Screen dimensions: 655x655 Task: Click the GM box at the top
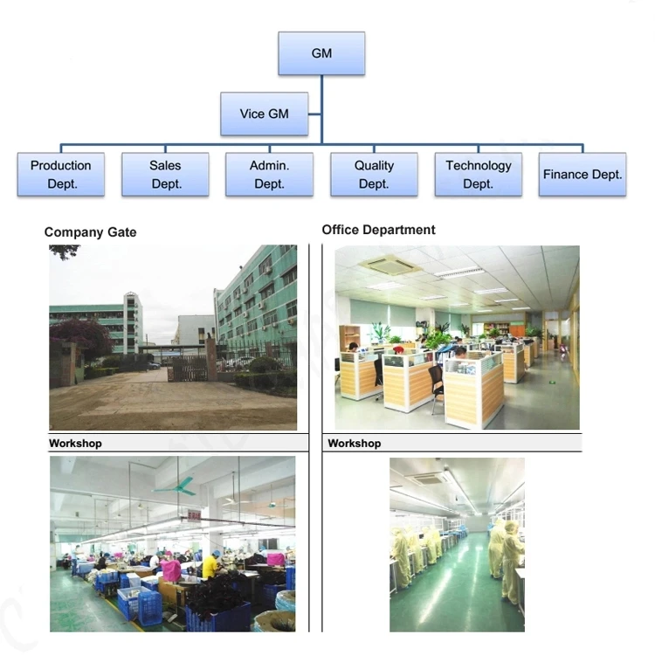coord(321,53)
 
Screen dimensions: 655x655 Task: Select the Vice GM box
coord(265,114)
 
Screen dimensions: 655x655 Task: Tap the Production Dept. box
coord(61,174)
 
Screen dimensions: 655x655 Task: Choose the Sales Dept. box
coord(165,174)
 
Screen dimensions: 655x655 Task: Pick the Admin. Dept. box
coord(270,174)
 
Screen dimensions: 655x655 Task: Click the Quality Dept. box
coord(374,174)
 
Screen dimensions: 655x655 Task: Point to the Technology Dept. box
coord(479,174)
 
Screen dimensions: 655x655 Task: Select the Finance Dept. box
coord(583,174)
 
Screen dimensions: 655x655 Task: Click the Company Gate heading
coord(90,232)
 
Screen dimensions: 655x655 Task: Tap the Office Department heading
coord(378,230)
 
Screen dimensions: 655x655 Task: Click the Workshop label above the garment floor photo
coord(75,443)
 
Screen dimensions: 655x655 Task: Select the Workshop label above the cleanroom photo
coord(355,443)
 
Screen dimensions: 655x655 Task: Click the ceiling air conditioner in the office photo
coord(386,264)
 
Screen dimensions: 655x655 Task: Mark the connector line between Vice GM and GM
coord(315,114)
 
